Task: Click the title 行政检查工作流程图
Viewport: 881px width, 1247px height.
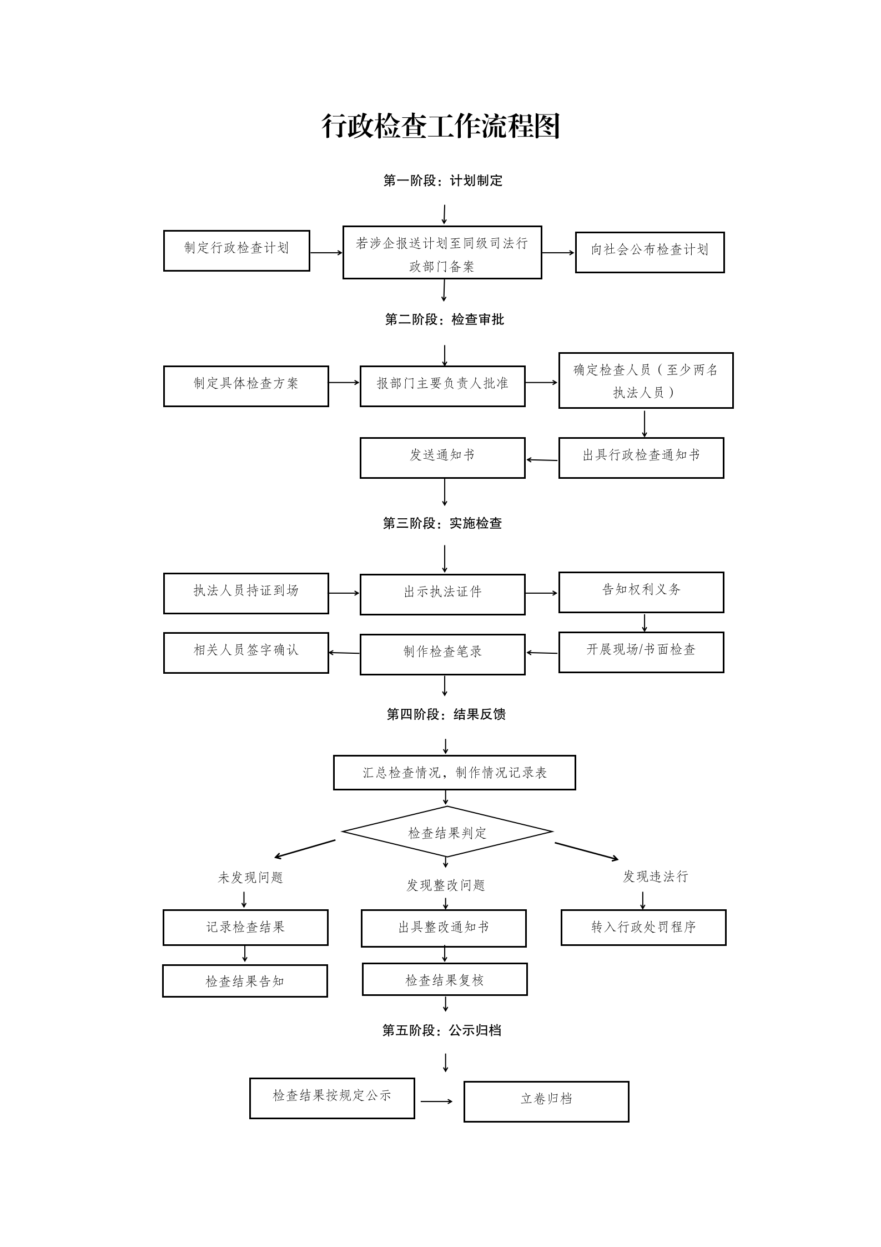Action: pyautogui.click(x=441, y=127)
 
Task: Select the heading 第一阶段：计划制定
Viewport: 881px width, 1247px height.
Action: pyautogui.click(x=442, y=181)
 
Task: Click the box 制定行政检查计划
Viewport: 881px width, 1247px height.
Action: pyautogui.click(x=236, y=251)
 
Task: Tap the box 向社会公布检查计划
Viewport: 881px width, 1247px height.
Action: pyautogui.click(x=650, y=252)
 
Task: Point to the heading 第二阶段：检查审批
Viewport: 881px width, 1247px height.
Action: pyautogui.click(x=444, y=319)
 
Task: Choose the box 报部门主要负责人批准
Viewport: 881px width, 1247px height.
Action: pyautogui.click(x=442, y=386)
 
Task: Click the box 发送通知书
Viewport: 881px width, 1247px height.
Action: pyautogui.click(x=442, y=458)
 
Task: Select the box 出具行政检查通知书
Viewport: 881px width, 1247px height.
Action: pyautogui.click(x=641, y=458)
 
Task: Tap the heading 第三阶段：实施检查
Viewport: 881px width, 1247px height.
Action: pyautogui.click(x=442, y=523)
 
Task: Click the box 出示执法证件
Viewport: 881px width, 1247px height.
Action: pyautogui.click(x=442, y=594)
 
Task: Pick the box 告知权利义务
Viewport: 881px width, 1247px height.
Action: pyautogui.click(x=641, y=592)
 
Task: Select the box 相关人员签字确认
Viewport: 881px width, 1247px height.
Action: pyautogui.click(x=246, y=653)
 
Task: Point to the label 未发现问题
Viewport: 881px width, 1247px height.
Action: pyautogui.click(x=250, y=878)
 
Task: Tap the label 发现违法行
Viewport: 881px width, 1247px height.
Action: pyautogui.click(x=655, y=877)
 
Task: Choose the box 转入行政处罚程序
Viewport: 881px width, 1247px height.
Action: pyautogui.click(x=643, y=927)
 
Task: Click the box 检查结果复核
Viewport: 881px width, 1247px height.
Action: pyautogui.click(x=445, y=979)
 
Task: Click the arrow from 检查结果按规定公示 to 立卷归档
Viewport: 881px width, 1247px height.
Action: pyautogui.click(x=437, y=1101)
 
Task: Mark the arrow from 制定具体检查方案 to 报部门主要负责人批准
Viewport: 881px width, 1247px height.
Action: pyautogui.click(x=344, y=382)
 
